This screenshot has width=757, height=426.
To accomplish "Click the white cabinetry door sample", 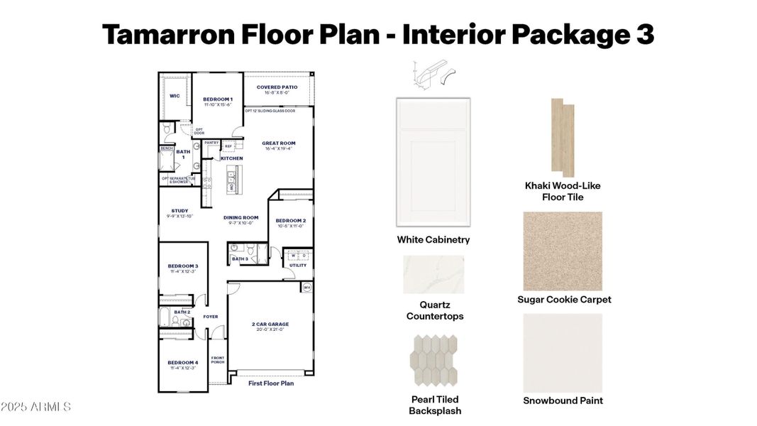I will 432,163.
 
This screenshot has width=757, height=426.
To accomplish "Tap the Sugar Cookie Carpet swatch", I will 563,251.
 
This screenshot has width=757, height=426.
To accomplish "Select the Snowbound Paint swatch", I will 563,352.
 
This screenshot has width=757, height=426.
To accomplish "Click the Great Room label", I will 278,143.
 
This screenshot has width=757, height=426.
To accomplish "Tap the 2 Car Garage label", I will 270,324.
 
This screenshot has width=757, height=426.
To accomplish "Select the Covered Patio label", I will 277,87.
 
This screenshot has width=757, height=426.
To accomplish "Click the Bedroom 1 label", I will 217,99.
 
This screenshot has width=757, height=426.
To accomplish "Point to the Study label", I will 179,211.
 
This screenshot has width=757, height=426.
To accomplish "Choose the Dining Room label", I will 241,218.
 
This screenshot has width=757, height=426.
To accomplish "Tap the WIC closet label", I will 174,95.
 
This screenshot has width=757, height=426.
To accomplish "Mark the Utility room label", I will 298,266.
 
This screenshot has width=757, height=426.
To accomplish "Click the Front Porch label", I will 217,361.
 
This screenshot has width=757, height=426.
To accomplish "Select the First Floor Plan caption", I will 270,383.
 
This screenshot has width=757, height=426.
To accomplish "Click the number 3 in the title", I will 643,33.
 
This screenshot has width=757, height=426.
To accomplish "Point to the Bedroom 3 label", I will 182,266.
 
